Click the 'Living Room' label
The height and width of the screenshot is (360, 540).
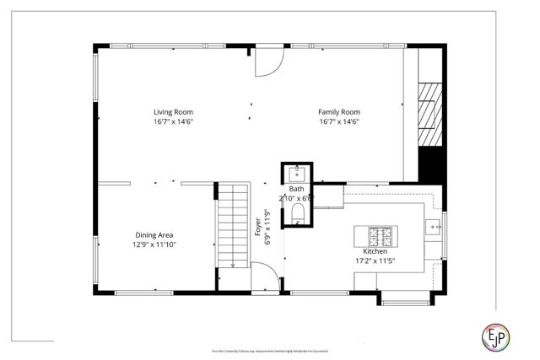tap(173, 111)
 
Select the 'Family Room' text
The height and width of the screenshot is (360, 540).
tap(338, 111)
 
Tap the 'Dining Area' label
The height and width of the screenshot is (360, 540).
tap(154, 235)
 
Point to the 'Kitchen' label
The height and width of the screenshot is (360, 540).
tap(375, 251)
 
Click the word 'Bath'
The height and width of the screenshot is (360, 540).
tap(297, 189)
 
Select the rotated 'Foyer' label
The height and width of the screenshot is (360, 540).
tap(258, 227)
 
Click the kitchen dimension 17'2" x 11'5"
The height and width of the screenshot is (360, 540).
tap(375, 261)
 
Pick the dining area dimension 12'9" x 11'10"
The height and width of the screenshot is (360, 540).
tap(154, 244)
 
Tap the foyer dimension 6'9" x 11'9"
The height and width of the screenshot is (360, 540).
tap(267, 227)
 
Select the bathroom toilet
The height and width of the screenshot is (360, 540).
tap(297, 213)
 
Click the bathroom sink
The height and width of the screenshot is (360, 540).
tap(297, 174)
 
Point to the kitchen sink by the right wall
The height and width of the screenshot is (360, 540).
tap(432, 227)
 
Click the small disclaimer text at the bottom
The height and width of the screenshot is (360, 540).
tap(269, 351)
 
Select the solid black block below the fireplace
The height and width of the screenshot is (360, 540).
tap(431, 164)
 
